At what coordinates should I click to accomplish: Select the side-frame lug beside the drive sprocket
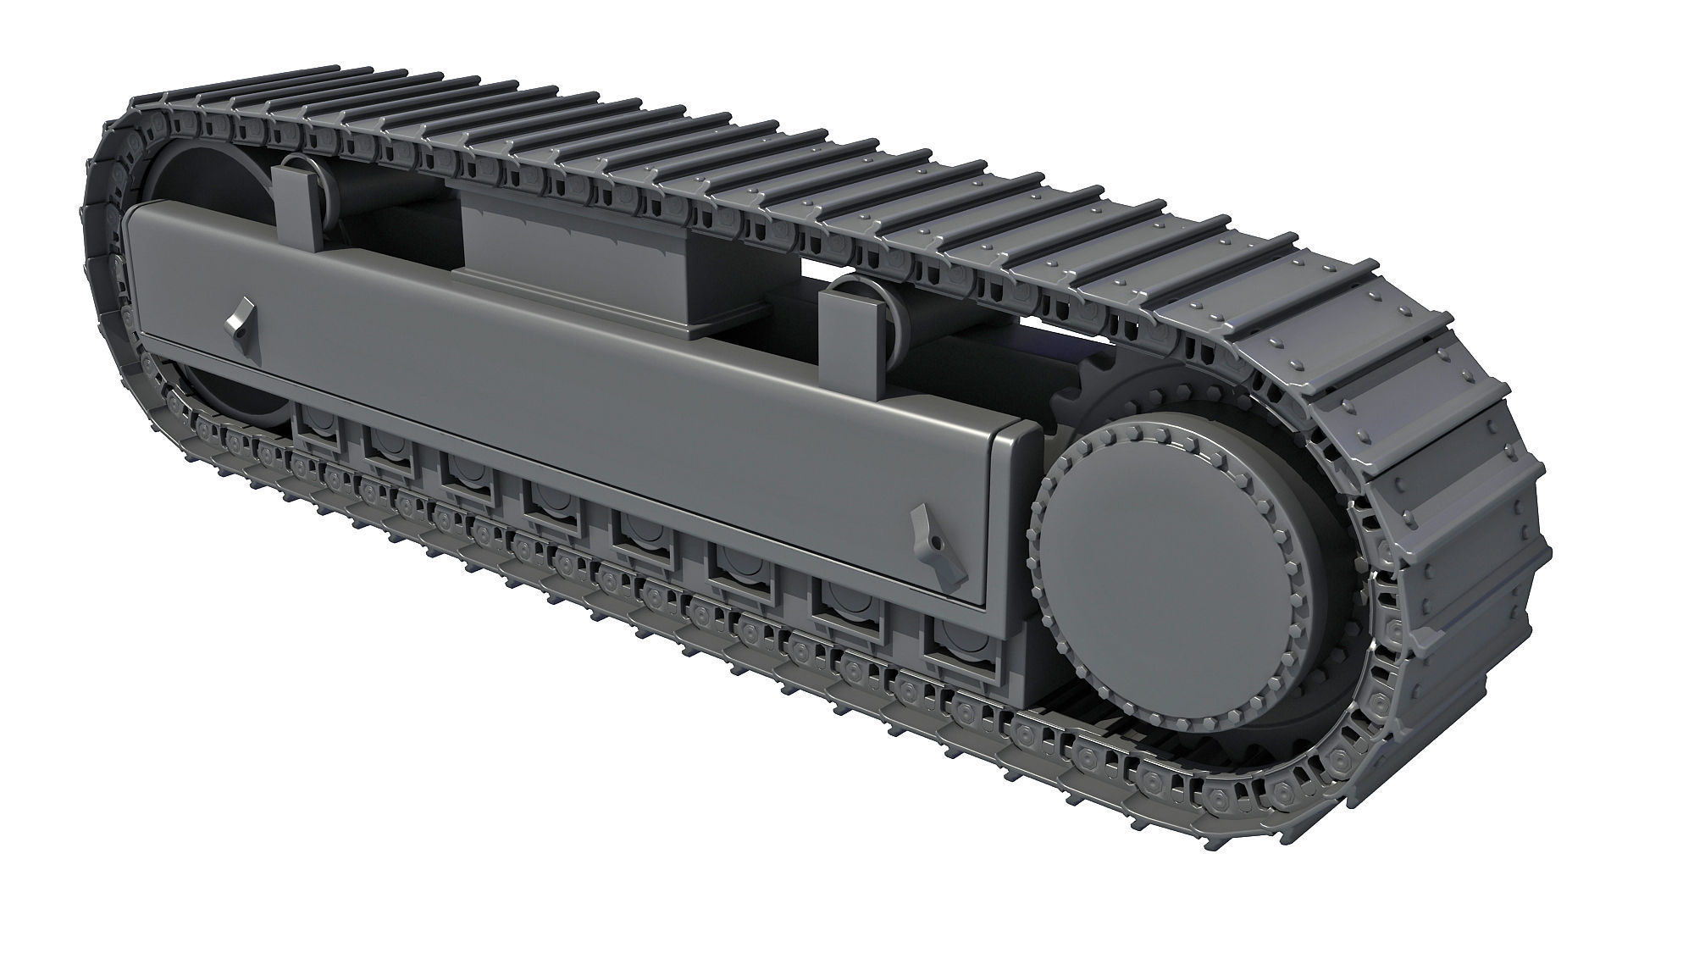pos(938,550)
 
